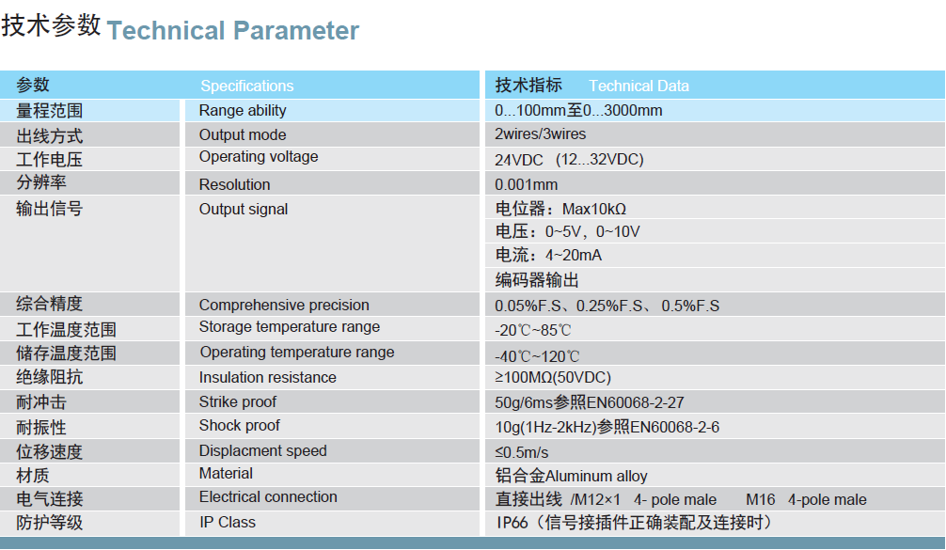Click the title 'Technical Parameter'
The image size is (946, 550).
(233, 31)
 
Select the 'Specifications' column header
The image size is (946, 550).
(246, 86)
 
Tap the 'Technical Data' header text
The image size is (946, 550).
(639, 86)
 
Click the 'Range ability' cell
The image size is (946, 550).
(243, 110)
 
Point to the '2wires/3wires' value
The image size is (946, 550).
(541, 134)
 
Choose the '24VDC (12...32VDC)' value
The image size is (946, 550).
(570, 160)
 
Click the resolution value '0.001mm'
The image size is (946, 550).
(526, 184)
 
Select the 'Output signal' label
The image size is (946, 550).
(244, 210)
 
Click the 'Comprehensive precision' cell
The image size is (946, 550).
(284, 306)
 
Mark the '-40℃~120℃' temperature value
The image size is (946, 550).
(537, 356)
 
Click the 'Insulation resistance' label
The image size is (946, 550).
(268, 378)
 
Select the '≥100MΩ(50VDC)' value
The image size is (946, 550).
(553, 378)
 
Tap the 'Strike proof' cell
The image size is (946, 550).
(238, 401)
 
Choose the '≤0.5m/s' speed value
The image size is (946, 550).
(522, 452)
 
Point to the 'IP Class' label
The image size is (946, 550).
(228, 522)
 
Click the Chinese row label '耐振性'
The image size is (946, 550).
(41, 428)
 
